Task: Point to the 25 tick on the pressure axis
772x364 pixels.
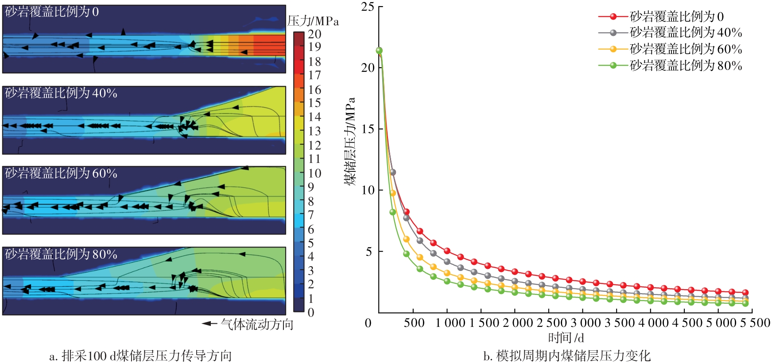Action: (368, 7)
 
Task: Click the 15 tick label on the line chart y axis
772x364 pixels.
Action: (368, 129)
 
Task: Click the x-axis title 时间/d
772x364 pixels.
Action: (566, 338)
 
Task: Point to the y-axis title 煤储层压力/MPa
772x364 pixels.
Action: (350, 142)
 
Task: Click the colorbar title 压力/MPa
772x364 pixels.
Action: (313, 21)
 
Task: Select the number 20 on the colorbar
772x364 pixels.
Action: (314, 34)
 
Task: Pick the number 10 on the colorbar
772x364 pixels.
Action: (314, 173)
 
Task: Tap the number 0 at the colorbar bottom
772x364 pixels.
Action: (311, 313)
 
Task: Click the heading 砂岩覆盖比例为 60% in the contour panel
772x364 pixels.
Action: (61, 174)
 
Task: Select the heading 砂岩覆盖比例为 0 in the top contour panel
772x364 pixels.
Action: (52, 12)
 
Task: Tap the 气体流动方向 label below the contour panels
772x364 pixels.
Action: (257, 325)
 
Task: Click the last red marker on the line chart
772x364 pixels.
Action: (745, 293)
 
